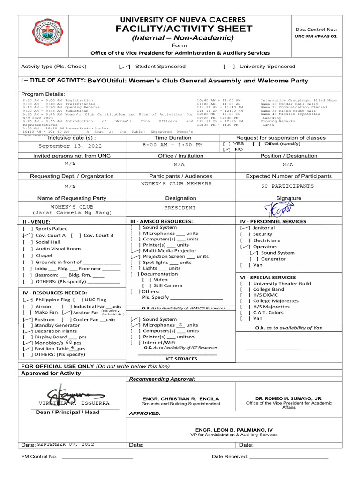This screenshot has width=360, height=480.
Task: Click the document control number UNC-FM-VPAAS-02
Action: [x=316, y=36]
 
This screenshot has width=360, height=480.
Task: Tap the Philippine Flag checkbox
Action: [x=28, y=300]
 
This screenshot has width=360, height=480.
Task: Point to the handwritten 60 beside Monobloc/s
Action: [x=69, y=342]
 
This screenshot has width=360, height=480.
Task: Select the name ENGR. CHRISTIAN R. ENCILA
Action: [x=180, y=399]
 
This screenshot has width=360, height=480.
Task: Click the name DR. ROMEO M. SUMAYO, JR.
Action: [x=285, y=397]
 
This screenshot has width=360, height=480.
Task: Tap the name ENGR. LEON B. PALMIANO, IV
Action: [x=233, y=430]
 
